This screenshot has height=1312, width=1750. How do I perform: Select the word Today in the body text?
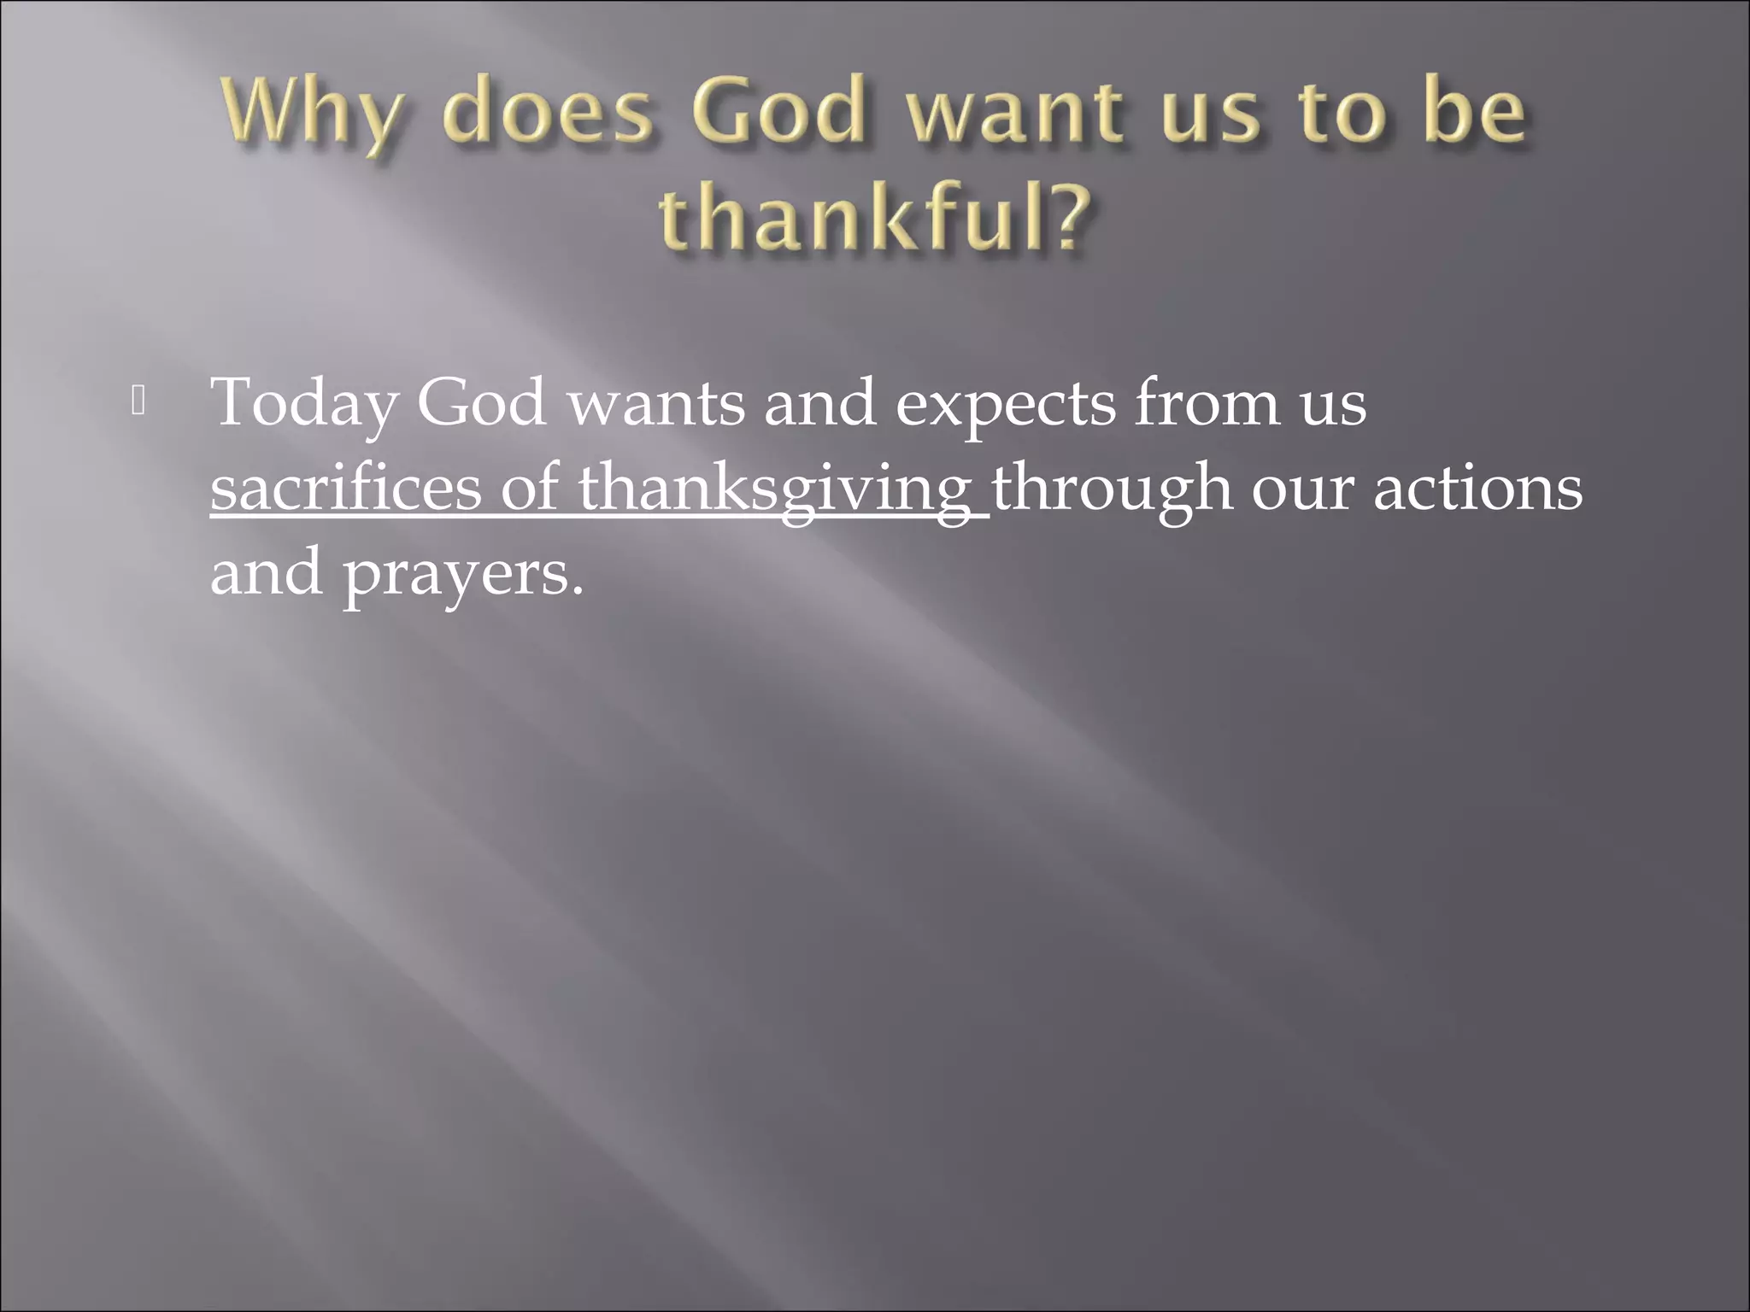coord(303,403)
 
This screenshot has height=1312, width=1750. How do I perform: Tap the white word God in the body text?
coord(481,401)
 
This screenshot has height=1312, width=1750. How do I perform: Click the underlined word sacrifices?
coord(345,489)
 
